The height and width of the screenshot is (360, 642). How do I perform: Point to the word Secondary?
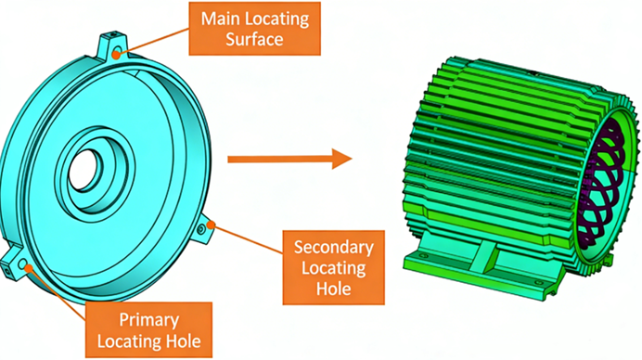pos(333,248)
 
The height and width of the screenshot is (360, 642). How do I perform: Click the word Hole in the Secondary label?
pos(333,289)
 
